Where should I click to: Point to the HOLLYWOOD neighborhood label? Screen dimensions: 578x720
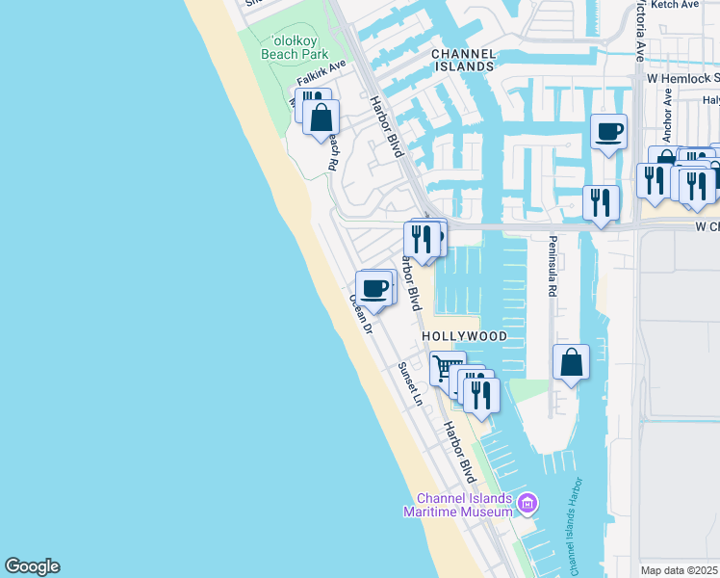[x=465, y=336]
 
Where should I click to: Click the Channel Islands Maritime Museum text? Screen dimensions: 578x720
[x=464, y=505]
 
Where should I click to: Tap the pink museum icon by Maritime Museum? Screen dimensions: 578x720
[x=527, y=503]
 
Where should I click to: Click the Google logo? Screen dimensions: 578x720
[x=32, y=566]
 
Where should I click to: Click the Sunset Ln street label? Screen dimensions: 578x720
[x=410, y=383]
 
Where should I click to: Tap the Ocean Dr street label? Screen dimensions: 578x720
[x=361, y=314]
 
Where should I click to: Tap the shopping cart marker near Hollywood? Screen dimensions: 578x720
[x=448, y=368]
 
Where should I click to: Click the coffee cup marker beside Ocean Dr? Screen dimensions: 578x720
[x=373, y=286]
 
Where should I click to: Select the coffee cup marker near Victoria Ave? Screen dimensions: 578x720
[x=608, y=131]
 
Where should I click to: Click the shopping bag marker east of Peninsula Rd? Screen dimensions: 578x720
[x=571, y=362]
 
